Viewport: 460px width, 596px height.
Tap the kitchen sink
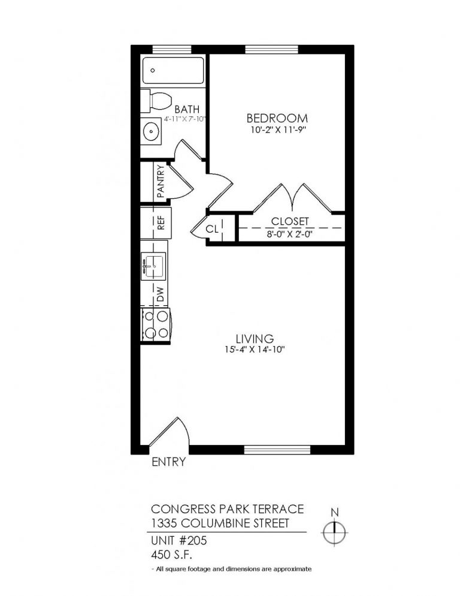153,264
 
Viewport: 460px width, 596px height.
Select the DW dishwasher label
160,294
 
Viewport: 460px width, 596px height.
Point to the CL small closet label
212,228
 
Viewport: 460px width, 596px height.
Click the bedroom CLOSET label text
289,221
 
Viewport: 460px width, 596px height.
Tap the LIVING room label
254,339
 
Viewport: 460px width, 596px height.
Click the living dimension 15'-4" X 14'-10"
254,350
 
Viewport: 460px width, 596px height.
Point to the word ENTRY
168,462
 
